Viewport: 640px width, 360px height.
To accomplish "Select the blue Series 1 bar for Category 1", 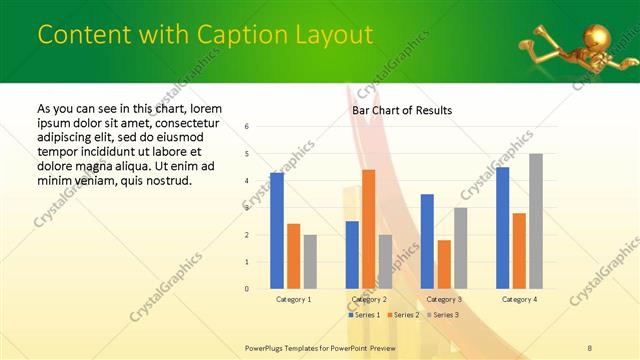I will [x=277, y=231].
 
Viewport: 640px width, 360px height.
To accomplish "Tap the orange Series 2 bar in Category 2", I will [x=368, y=229].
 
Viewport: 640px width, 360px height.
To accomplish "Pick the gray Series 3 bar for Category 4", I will [x=536, y=221].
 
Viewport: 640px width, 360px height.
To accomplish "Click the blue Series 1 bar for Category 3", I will [x=427, y=241].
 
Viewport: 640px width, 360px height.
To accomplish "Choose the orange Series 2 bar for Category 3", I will [x=444, y=264].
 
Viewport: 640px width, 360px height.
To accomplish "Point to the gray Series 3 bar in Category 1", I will [x=310, y=262].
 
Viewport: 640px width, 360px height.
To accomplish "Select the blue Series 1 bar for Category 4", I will [x=502, y=228].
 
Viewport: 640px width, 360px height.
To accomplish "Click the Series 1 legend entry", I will [x=365, y=315].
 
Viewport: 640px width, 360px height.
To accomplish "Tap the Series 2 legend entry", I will [x=402, y=315].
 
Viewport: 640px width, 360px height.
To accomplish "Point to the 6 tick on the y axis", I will [x=247, y=127].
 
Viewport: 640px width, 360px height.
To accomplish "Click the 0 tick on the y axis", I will [x=247, y=289].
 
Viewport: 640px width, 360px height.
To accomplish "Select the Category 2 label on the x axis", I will [x=369, y=299].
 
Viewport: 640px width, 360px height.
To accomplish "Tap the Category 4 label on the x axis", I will [x=519, y=299].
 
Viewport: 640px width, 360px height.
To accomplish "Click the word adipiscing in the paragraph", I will [x=69, y=131].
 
